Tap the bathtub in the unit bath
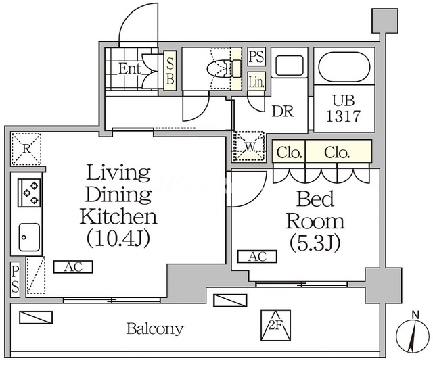(344, 67)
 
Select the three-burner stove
(29, 193)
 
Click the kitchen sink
(29, 237)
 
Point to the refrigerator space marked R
(26, 149)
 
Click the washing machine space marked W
(249, 147)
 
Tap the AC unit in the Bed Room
(257, 257)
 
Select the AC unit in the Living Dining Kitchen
(73, 267)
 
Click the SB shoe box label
(170, 71)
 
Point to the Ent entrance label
(129, 69)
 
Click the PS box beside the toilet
(256, 57)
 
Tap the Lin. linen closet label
(256, 82)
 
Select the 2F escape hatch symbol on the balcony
(275, 325)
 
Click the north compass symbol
(413, 334)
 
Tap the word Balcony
(155, 328)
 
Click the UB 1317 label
(344, 108)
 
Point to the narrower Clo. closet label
(289, 153)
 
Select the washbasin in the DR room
(289, 66)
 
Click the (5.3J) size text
(315, 243)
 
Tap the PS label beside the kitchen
(15, 280)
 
